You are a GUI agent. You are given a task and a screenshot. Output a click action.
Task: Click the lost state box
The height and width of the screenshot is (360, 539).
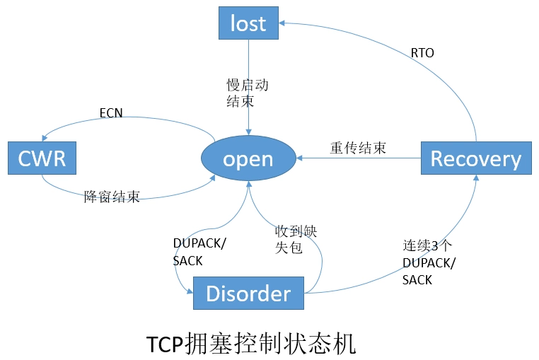click(248, 23)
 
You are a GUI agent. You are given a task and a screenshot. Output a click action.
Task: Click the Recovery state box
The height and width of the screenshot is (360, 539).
click(475, 158)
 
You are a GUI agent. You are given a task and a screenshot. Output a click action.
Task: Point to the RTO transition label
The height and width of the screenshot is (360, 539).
click(422, 53)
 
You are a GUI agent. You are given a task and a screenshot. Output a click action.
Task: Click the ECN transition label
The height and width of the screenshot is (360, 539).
click(111, 112)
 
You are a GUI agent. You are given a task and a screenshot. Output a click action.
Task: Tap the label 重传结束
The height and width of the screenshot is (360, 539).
click(358, 148)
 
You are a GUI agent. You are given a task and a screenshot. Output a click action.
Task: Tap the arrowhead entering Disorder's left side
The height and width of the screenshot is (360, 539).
click(189, 292)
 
